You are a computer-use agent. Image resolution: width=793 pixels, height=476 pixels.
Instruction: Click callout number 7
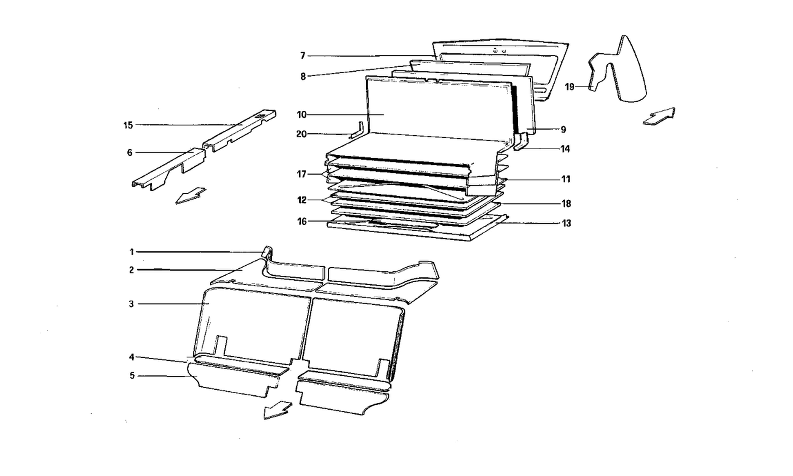303,56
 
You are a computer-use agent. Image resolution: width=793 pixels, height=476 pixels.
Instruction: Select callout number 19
569,87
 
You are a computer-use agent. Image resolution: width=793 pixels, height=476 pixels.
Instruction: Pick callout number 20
301,134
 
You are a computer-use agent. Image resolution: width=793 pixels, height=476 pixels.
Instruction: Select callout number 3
131,304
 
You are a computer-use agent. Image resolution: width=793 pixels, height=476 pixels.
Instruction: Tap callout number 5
132,376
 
